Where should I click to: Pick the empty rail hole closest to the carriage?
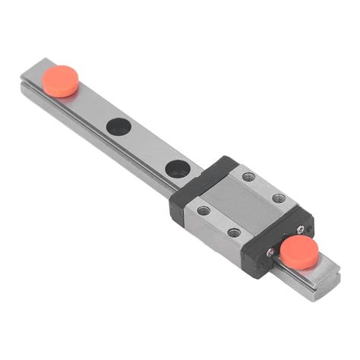[178, 169]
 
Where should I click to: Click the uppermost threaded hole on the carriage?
[248, 176]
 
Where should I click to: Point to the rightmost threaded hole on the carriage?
[280, 199]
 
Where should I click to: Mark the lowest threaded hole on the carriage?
[234, 232]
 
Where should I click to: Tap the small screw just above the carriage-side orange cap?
[302, 228]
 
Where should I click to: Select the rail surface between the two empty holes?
[148, 148]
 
